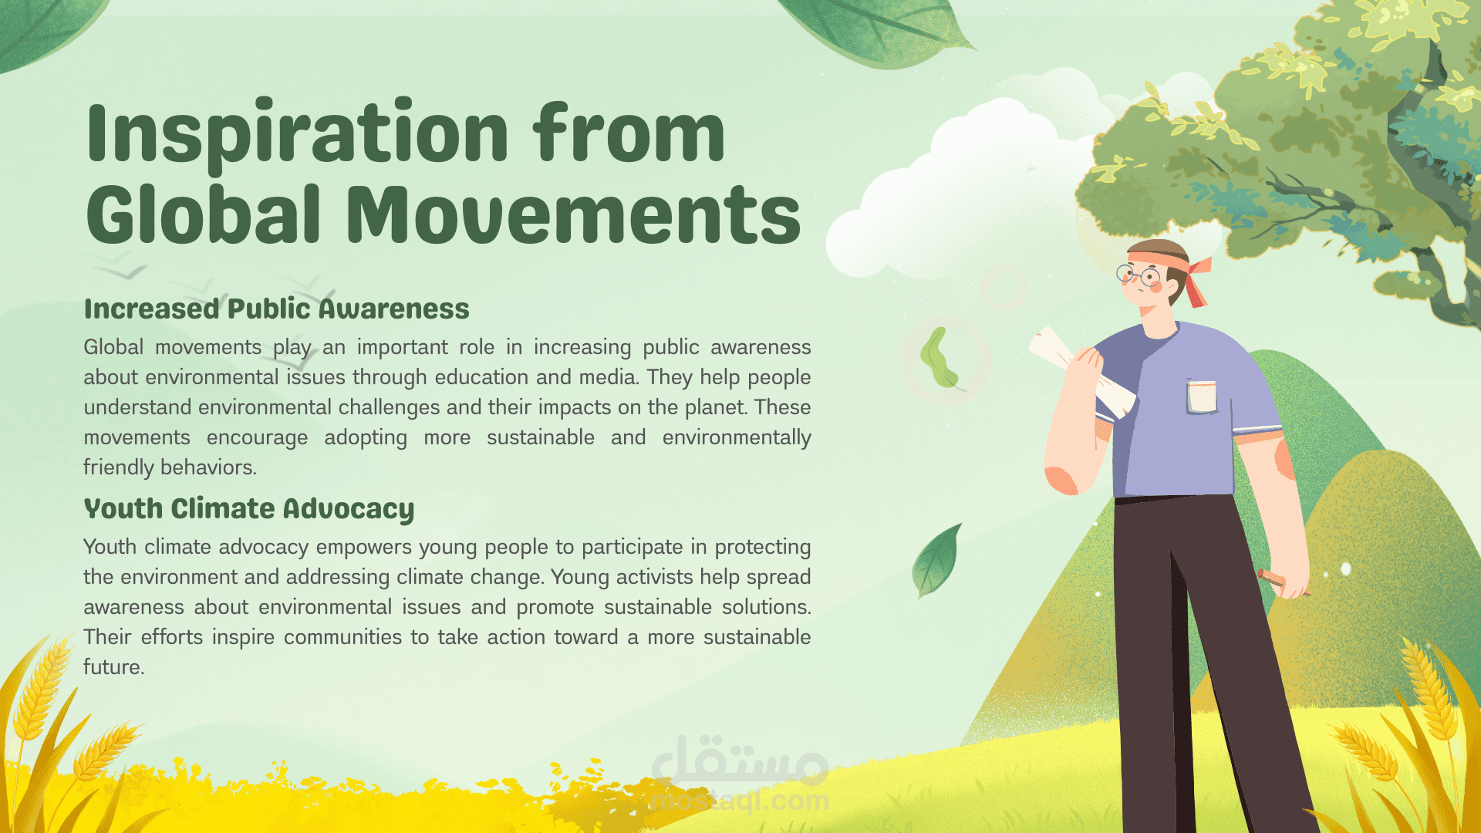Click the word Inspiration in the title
[298, 133]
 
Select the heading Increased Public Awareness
[276, 309]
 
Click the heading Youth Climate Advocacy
[249, 509]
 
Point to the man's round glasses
[1139, 275]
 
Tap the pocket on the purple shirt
[1202, 396]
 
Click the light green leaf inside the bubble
[939, 359]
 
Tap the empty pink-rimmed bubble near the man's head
[1004, 287]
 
